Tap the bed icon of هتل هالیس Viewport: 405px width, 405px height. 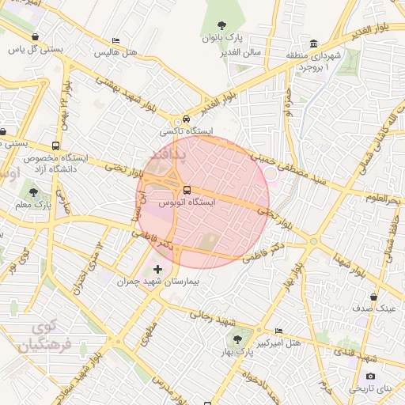pos(116,41)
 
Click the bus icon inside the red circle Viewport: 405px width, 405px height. pos(187,190)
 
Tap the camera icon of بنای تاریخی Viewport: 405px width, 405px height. pos(370,377)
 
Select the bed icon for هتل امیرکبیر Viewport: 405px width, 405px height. pos(278,330)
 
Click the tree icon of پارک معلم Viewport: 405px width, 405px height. pos(33,191)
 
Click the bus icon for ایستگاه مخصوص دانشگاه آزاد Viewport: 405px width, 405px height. pos(55,146)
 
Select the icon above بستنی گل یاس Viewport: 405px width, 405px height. pos(36,36)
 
